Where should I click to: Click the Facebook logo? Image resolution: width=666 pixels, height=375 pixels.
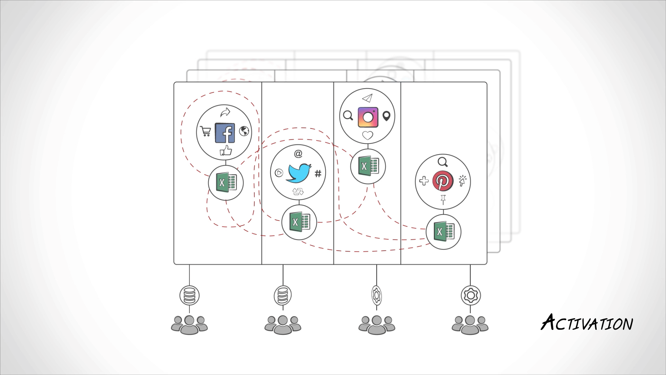click(225, 133)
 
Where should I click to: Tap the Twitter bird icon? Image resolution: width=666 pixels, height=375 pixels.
click(298, 173)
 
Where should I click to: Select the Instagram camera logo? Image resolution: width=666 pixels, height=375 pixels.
click(368, 117)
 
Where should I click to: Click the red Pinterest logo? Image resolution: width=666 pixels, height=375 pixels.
click(443, 181)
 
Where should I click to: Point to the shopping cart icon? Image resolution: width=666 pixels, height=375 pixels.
click(206, 132)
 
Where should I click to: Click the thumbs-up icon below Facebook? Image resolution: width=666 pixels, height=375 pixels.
click(226, 151)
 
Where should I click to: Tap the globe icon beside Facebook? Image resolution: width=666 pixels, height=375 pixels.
click(244, 131)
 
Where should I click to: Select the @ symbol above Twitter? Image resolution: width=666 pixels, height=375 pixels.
click(298, 153)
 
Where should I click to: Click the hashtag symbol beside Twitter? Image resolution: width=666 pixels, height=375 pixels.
click(318, 173)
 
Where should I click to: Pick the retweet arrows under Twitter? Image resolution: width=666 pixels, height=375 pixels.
click(298, 191)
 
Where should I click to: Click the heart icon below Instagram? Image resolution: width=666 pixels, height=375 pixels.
click(368, 135)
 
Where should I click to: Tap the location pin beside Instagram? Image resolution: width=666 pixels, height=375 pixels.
click(386, 116)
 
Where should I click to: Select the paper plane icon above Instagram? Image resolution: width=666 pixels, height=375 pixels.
click(367, 98)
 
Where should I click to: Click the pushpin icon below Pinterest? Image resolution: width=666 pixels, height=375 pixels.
click(443, 200)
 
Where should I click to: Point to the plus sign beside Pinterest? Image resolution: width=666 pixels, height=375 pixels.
click(424, 181)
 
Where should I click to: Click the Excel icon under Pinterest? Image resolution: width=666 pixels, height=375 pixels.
click(443, 232)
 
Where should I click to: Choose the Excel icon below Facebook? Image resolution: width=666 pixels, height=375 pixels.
click(226, 183)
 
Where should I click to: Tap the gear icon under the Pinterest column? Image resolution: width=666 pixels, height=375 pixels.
click(470, 295)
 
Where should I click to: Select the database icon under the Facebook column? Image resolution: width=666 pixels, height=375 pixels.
click(189, 295)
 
